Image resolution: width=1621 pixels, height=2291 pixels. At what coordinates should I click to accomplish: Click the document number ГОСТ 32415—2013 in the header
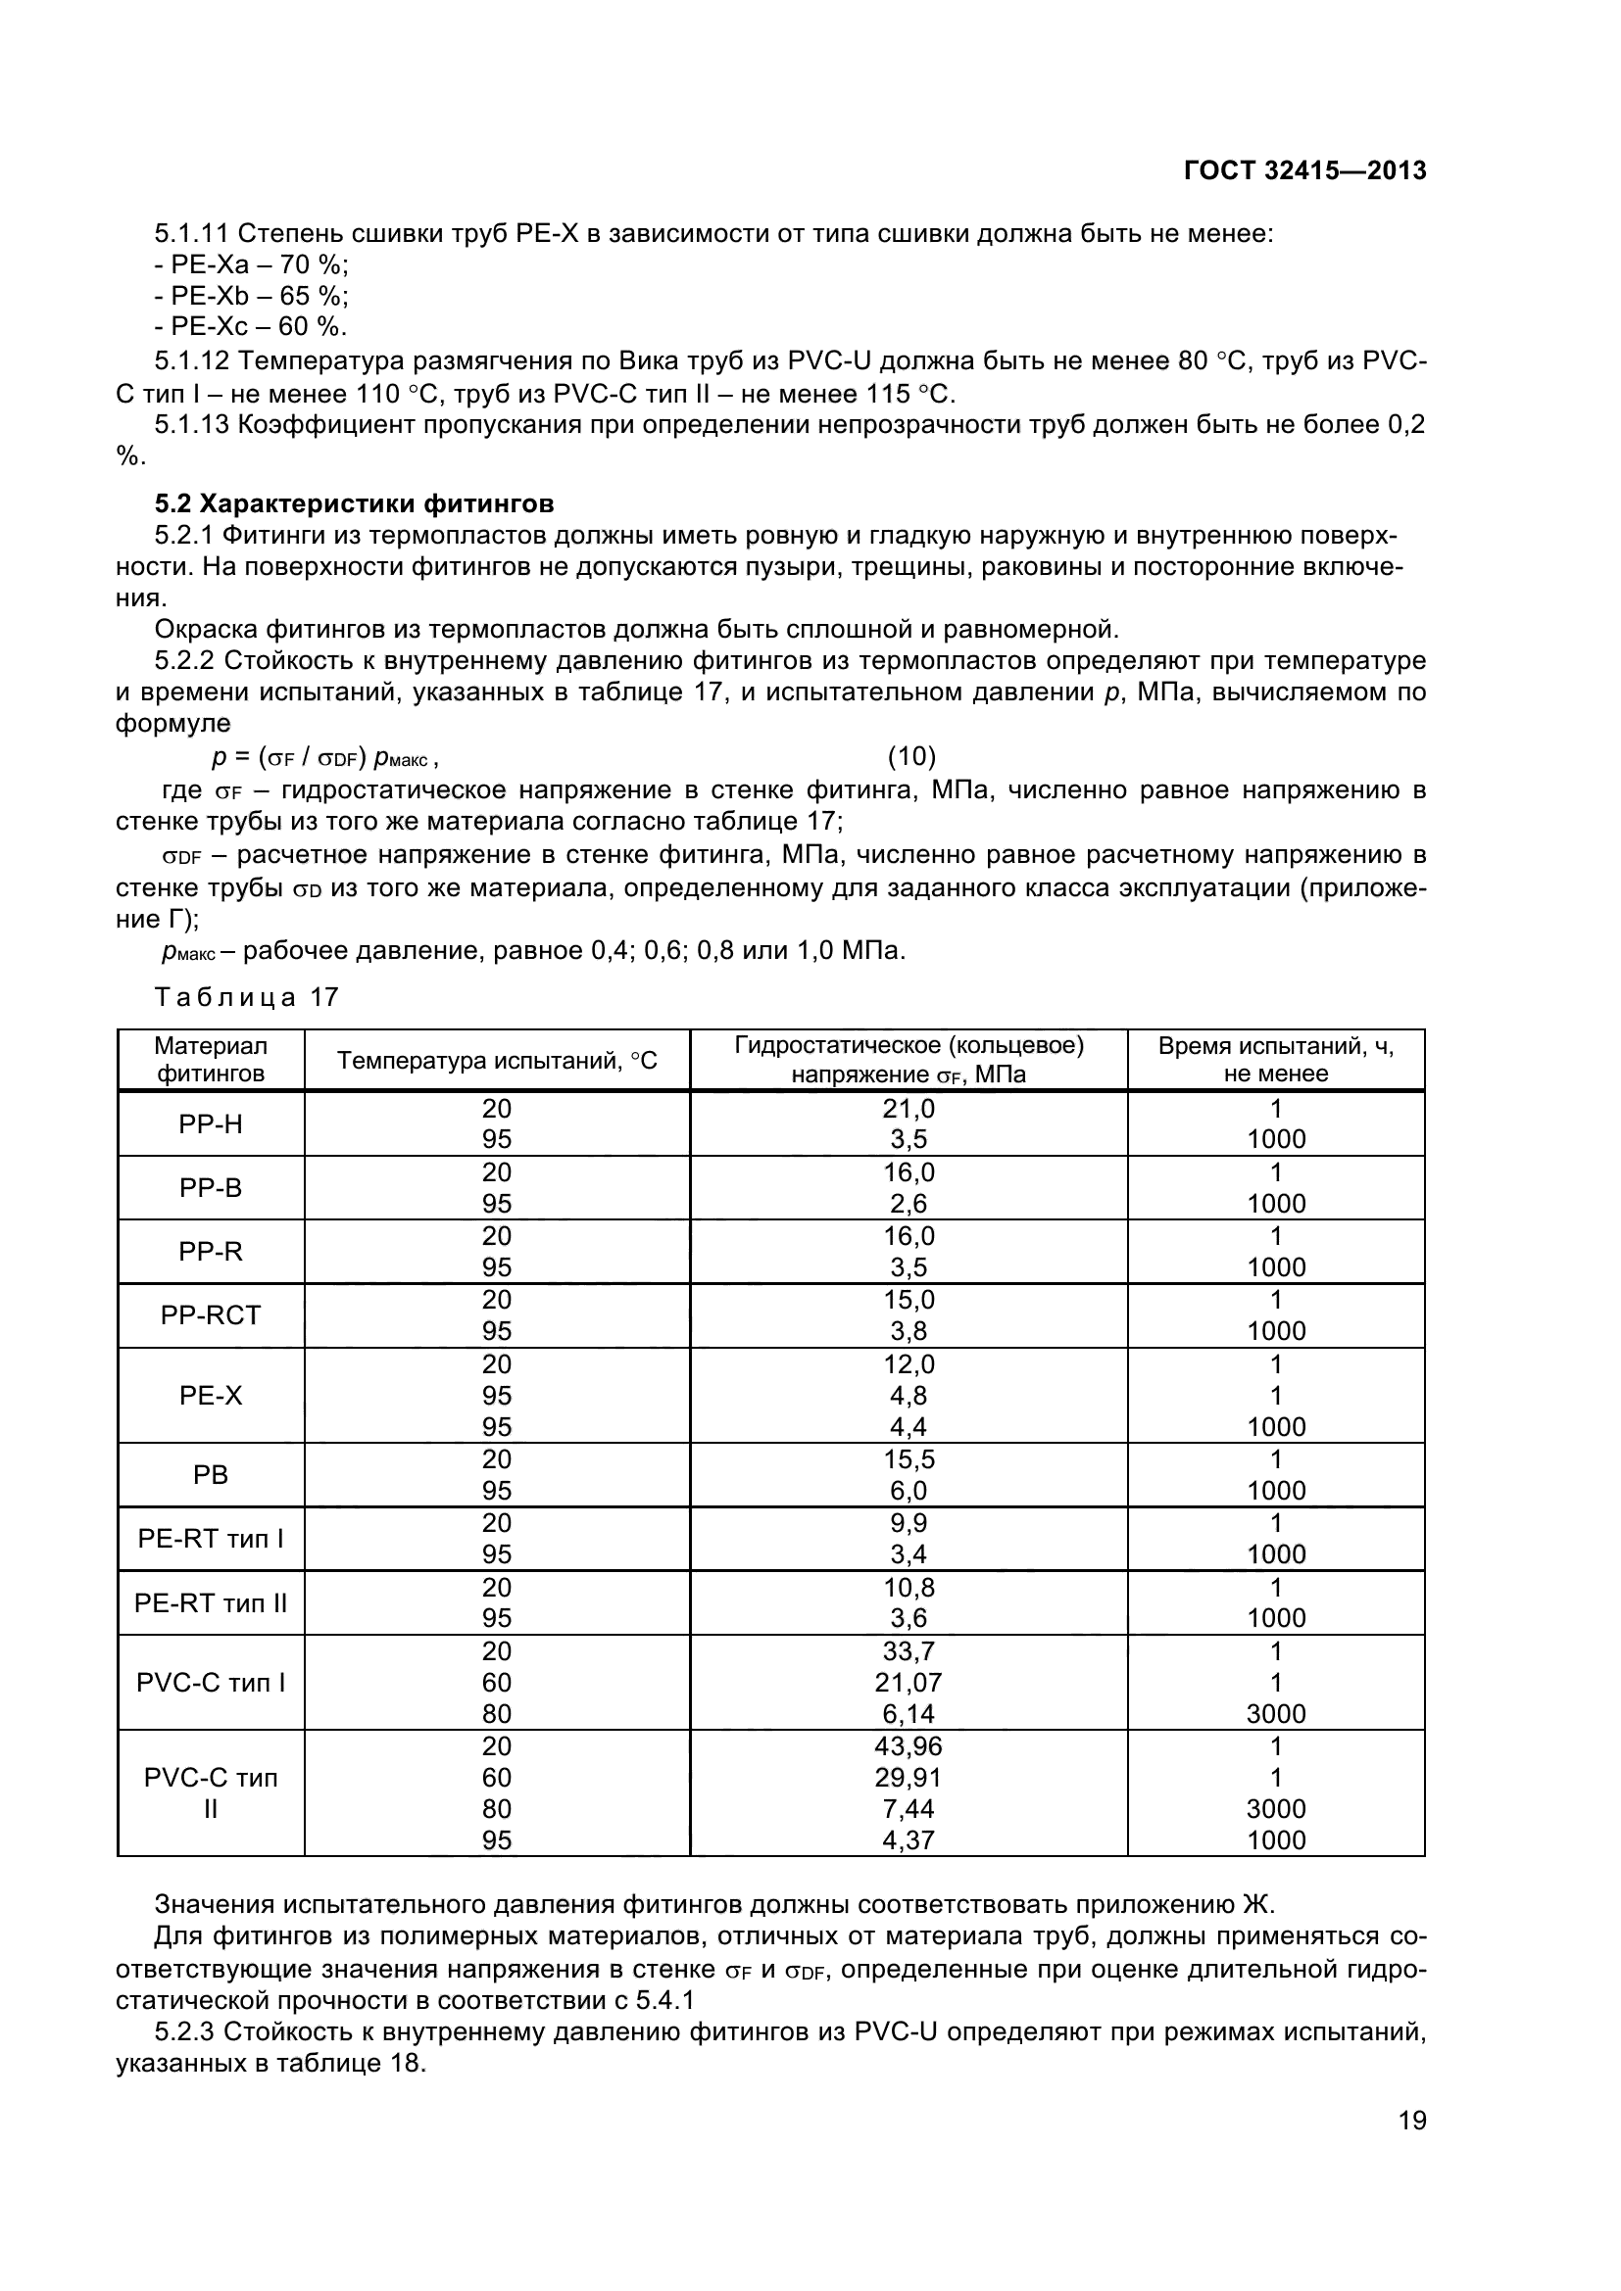[1304, 170]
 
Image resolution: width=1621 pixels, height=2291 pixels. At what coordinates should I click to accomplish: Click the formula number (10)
[911, 756]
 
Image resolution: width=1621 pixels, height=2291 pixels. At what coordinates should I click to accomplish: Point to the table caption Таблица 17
[247, 997]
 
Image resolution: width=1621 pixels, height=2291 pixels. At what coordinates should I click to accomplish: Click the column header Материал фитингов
[211, 1060]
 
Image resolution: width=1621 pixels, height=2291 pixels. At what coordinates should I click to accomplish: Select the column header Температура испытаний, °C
[496, 1060]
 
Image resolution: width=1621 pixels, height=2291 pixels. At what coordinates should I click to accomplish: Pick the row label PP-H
[211, 1124]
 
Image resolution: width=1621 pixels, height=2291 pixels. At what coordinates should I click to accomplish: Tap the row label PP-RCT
[211, 1315]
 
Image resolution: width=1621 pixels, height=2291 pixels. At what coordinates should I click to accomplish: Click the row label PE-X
[211, 1395]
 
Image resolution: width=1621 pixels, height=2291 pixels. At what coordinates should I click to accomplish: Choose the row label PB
[211, 1475]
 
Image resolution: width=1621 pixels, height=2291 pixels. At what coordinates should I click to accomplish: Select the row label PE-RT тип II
[211, 1602]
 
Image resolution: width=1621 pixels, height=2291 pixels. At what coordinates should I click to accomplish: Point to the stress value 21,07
[909, 1683]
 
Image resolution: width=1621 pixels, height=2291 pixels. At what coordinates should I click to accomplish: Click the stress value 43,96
[909, 1746]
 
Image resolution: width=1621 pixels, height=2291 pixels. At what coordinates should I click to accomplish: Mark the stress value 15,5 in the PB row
[909, 1458]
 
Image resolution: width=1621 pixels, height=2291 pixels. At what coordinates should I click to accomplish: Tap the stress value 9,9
[909, 1523]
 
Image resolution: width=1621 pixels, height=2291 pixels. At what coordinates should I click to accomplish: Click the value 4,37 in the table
[909, 1840]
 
